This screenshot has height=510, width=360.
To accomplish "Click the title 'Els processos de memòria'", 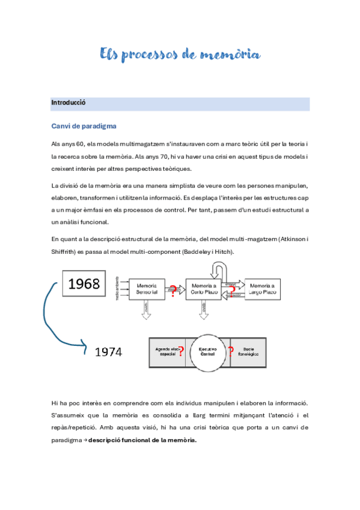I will [x=180, y=55].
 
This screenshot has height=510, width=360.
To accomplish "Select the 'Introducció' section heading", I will [x=69, y=103].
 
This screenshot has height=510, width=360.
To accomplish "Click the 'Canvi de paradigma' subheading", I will [x=84, y=126].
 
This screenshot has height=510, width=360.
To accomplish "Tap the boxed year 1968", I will [x=84, y=284].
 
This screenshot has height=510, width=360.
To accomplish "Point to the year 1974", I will [x=109, y=352].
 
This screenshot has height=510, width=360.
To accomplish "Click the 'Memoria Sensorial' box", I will [x=147, y=288].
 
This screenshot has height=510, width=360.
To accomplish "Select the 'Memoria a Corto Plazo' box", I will [x=204, y=288].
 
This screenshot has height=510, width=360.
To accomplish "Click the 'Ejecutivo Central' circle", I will [x=207, y=351].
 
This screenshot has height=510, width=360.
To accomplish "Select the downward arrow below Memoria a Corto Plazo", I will [x=204, y=309].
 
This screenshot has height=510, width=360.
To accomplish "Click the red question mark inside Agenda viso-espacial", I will [x=181, y=351].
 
